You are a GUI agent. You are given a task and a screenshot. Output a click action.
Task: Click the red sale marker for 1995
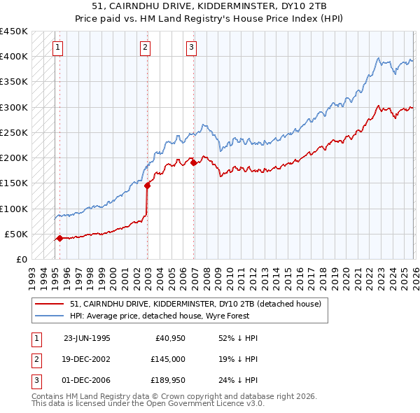point(59,238)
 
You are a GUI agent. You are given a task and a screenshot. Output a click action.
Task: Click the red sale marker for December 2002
point(148,185)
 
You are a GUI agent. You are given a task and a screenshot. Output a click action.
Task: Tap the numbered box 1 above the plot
point(57,48)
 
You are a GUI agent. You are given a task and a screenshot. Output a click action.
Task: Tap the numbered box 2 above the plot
point(145,48)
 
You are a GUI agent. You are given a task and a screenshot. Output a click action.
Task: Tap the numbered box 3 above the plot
point(191,48)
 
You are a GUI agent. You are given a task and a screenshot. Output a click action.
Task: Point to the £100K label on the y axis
point(14,209)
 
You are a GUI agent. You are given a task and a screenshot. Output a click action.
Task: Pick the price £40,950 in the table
point(169,337)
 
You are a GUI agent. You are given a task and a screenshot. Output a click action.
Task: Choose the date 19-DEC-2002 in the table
point(87,359)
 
